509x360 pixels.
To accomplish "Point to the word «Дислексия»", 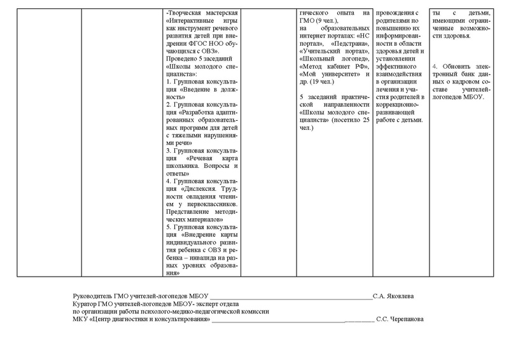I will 204,188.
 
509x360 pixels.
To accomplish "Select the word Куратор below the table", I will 86,303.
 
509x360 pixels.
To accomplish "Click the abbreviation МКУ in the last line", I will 80,319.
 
